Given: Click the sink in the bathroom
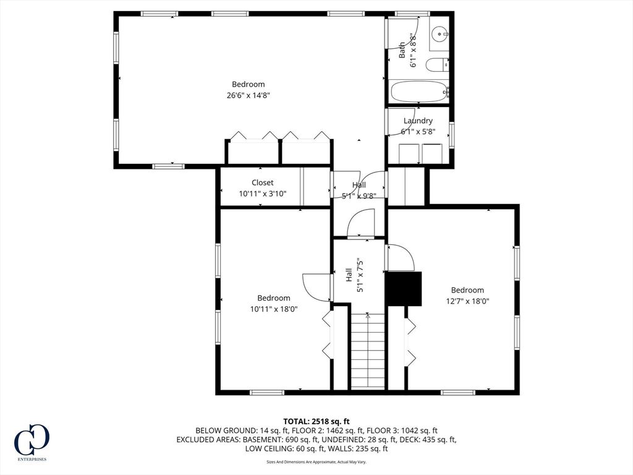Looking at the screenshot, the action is (x=439, y=34).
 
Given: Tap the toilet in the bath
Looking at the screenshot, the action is (x=438, y=64).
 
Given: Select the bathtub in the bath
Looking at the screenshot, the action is (x=418, y=92).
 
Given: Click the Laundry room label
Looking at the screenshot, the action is (x=418, y=121).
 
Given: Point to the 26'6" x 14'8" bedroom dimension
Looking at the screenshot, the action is (x=248, y=95).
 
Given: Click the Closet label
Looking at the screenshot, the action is (x=262, y=182).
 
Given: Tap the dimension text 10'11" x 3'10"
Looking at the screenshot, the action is (x=262, y=194).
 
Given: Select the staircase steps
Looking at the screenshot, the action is (x=367, y=351).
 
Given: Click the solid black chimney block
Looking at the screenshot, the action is (x=403, y=288).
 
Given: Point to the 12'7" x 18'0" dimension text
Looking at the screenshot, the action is (x=467, y=301).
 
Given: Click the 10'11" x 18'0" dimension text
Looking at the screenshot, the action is (x=274, y=309).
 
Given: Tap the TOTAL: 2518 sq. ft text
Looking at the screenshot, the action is (x=316, y=422).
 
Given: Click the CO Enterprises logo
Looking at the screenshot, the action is (x=32, y=442).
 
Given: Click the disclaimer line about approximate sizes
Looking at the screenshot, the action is (x=316, y=461).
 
